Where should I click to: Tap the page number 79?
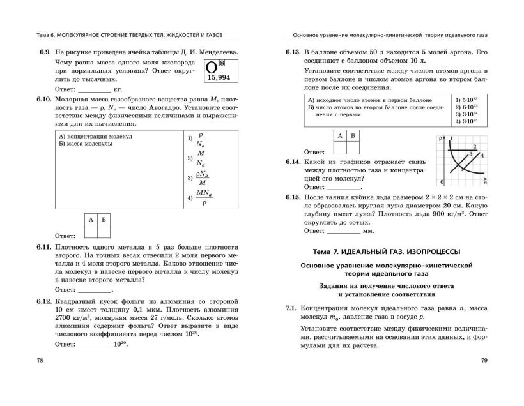(x=484, y=361)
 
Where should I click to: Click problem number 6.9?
(x=43, y=51)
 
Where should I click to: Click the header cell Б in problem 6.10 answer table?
(x=104, y=220)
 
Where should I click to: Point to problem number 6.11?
(x=43, y=247)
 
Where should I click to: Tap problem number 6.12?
(x=43, y=299)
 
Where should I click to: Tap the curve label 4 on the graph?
(x=482, y=155)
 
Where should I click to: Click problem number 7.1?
(x=293, y=308)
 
